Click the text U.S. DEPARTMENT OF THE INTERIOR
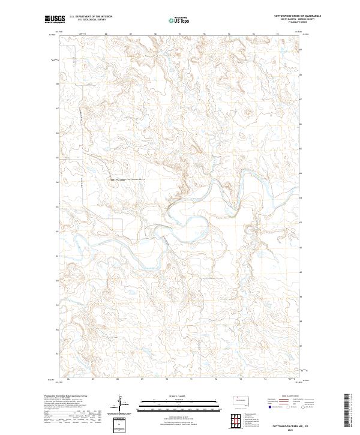pyautogui.click(x=91, y=16)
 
